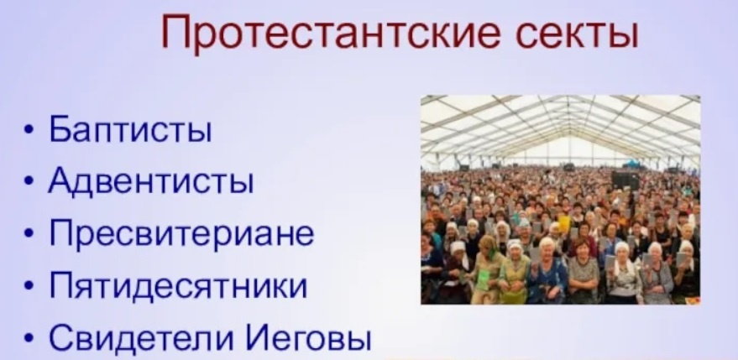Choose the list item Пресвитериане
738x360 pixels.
point(181,233)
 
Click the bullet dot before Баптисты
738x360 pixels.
point(30,134)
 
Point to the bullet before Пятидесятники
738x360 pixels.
point(30,287)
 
